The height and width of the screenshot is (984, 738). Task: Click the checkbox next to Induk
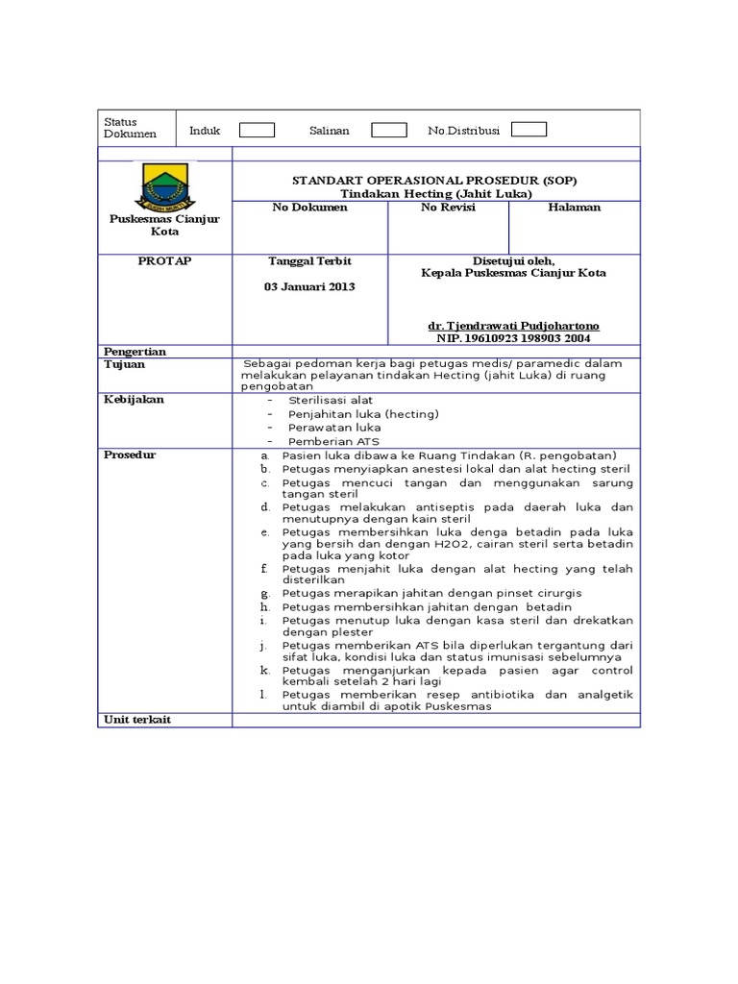click(x=257, y=131)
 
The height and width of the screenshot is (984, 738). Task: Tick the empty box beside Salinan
click(x=388, y=131)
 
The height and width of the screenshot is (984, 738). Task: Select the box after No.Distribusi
click(x=529, y=130)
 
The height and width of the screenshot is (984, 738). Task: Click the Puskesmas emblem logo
click(x=164, y=187)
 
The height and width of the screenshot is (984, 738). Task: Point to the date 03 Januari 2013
click(x=309, y=287)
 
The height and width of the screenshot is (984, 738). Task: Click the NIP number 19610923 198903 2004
click(x=514, y=338)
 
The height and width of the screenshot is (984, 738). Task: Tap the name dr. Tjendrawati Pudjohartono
click(x=514, y=326)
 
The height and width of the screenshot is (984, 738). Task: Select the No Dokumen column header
click(x=309, y=208)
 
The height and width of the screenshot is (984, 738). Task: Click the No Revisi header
click(x=448, y=208)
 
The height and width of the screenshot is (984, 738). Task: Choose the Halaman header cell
click(x=574, y=208)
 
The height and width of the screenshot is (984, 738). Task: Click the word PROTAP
click(x=164, y=261)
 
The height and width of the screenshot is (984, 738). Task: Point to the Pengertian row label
click(x=135, y=352)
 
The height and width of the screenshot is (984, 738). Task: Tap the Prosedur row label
click(x=130, y=455)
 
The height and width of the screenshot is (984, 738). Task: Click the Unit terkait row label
click(x=136, y=720)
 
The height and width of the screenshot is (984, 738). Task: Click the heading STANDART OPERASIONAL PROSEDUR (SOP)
click(x=435, y=180)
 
